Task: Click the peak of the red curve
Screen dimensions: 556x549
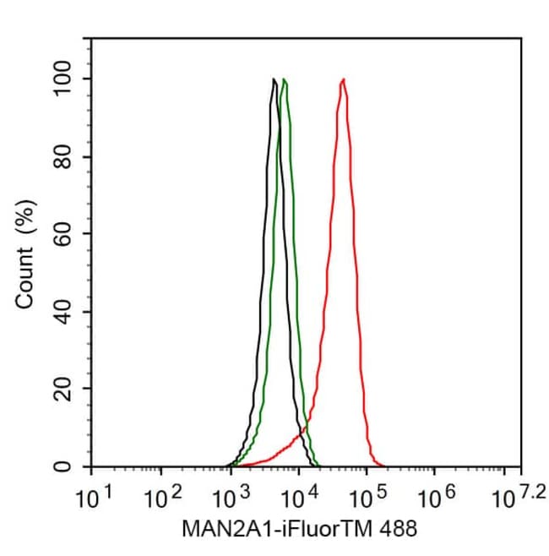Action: point(343,79)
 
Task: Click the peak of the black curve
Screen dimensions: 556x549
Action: point(274,79)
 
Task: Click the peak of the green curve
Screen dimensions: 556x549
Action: point(285,79)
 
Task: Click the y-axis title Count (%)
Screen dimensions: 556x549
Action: point(26,253)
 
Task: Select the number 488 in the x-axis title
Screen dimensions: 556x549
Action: point(394,529)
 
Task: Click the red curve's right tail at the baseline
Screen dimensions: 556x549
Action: point(382,465)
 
